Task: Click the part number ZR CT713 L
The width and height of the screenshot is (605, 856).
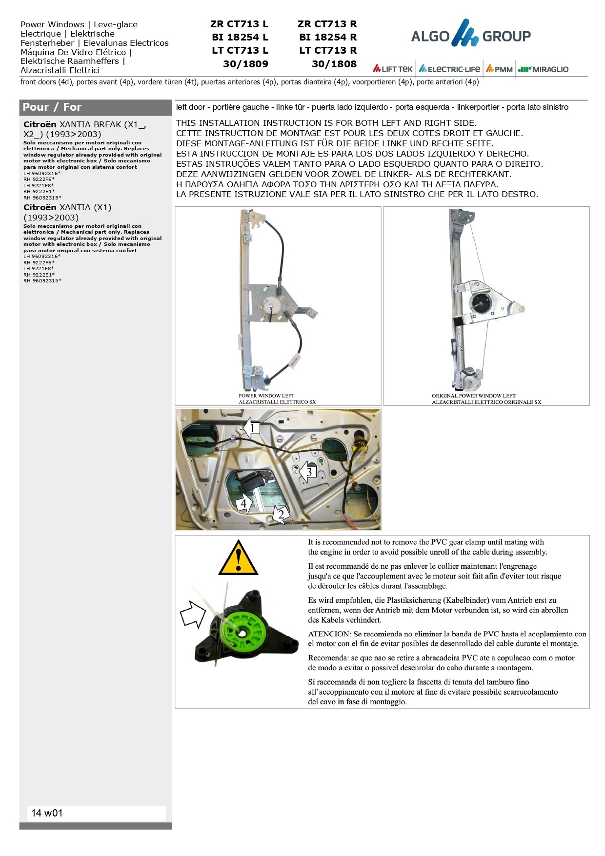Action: click(x=239, y=24)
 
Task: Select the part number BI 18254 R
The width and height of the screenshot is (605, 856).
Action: click(x=328, y=37)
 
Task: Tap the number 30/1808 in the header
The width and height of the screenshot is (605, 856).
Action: click(x=334, y=64)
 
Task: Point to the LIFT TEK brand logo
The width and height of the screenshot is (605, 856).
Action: click(x=393, y=69)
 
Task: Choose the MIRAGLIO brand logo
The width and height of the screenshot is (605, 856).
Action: click(x=543, y=69)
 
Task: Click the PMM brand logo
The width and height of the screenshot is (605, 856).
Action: click(x=499, y=69)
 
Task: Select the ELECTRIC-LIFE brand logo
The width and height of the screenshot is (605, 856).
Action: click(x=449, y=69)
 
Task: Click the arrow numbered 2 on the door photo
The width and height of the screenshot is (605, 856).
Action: click(x=281, y=514)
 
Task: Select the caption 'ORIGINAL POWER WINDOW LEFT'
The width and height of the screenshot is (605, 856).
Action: click(x=473, y=396)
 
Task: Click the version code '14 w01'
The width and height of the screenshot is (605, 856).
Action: click(x=47, y=813)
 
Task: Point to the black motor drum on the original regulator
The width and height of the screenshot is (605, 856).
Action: click(x=480, y=302)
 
